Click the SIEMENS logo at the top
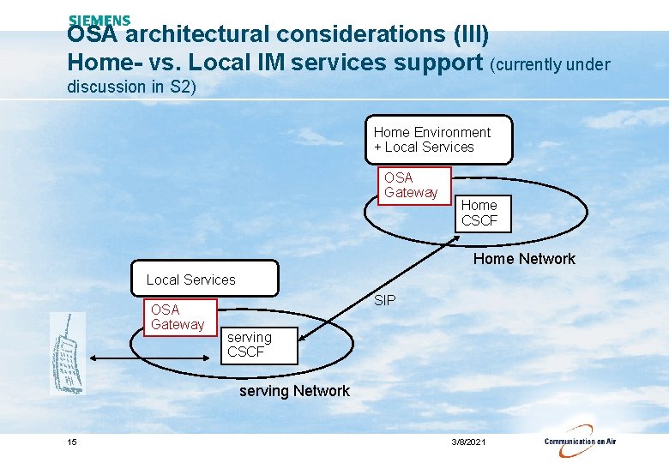tap(99, 21)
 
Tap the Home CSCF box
tap(483, 213)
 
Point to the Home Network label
tap(524, 259)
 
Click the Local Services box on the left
tap(205, 280)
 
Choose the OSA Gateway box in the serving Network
tap(178, 317)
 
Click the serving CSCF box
tap(256, 345)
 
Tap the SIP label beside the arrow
tap(385, 300)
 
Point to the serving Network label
tap(294, 391)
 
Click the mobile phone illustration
tap(67, 352)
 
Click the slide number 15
tap(72, 442)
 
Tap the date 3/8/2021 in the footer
tap(468, 442)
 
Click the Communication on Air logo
tap(580, 439)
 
